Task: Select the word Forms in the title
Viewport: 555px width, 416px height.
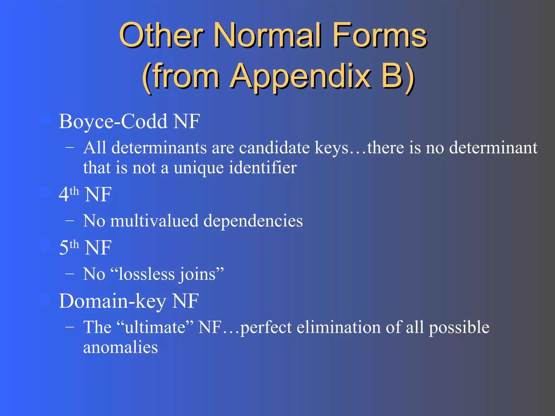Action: [x=379, y=35]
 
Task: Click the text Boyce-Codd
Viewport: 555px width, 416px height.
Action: [x=113, y=121]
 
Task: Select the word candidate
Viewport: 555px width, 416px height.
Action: [x=274, y=148]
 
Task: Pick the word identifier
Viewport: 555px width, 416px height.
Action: [x=263, y=167]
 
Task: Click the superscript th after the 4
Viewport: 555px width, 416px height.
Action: [x=74, y=191]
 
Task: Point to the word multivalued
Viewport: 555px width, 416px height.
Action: [x=154, y=221]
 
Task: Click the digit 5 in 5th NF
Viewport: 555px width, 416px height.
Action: [x=64, y=248]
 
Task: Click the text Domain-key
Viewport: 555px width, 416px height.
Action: [x=112, y=301]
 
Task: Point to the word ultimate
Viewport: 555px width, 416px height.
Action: [x=155, y=327]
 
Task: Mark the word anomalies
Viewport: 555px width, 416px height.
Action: [x=120, y=347]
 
